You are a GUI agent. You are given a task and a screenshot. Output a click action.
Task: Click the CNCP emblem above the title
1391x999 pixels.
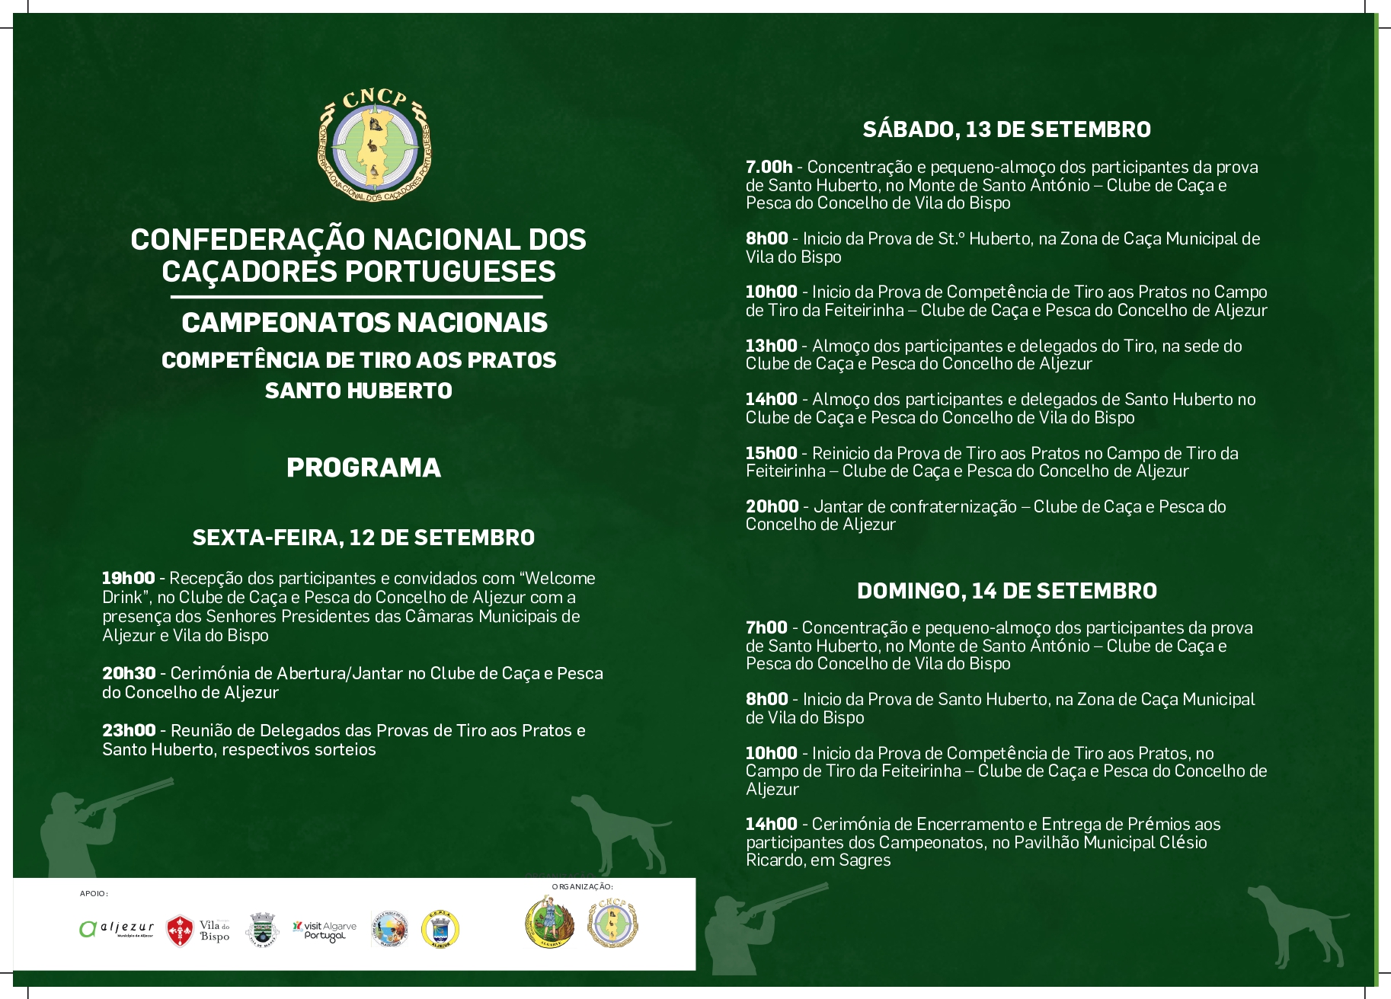[374, 145]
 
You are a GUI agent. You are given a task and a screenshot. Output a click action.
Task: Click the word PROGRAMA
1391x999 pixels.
[363, 468]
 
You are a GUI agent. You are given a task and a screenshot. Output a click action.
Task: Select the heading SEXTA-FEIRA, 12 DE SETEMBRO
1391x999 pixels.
[363, 538]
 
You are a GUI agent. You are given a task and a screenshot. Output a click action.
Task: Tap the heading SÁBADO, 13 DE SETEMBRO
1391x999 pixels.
[1006, 129]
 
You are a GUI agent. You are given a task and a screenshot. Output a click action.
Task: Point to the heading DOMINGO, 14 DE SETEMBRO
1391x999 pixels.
[1006, 591]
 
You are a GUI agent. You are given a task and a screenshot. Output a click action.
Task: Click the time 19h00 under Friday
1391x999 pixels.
[128, 578]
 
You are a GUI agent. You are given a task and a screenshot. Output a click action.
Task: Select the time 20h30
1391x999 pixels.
[129, 673]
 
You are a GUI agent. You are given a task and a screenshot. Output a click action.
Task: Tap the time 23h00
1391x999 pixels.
[129, 730]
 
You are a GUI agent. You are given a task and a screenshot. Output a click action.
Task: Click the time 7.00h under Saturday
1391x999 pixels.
[769, 167]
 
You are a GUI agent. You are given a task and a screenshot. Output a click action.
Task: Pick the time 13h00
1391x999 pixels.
[771, 346]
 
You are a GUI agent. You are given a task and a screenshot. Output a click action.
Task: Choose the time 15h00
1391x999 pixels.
[771, 453]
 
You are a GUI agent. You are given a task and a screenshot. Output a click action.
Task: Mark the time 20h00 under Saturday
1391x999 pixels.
[772, 506]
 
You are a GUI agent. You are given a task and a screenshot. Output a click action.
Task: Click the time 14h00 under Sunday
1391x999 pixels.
[771, 824]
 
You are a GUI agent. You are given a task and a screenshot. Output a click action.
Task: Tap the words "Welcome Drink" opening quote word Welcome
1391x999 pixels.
[561, 578]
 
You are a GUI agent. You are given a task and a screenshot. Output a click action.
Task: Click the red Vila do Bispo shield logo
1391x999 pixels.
[180, 930]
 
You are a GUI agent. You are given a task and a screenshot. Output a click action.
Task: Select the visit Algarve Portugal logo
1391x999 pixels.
[325, 930]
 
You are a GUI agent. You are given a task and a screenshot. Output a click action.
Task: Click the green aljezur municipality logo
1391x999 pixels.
[117, 928]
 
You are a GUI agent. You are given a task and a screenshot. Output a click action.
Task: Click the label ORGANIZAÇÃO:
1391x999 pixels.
[582, 886]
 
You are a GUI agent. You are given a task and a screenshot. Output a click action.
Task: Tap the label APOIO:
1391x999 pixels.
[94, 893]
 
